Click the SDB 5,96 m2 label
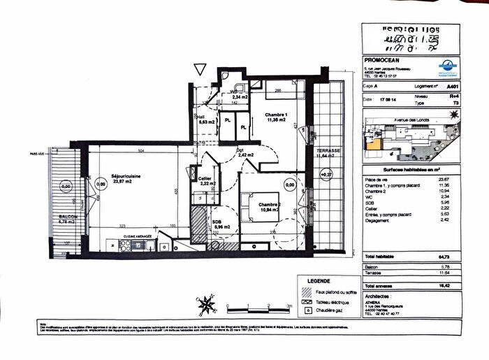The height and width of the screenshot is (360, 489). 224,223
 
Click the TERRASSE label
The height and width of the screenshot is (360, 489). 328,150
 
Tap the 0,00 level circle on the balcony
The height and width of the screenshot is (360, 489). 66,187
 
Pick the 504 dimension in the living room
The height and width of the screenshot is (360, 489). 140,150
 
